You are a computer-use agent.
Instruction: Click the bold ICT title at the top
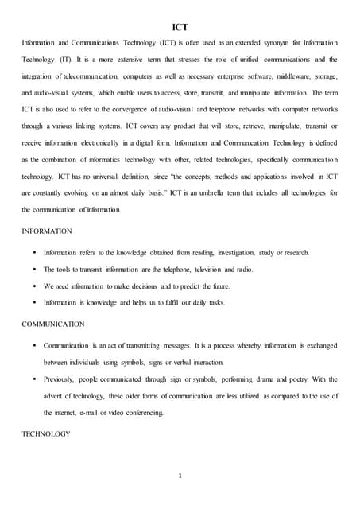click(x=180, y=26)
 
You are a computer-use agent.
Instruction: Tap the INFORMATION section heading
click(x=47, y=231)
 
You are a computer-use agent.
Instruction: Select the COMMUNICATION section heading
click(x=52, y=324)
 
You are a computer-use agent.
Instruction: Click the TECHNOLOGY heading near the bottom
click(x=46, y=433)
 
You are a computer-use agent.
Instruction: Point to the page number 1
click(x=180, y=476)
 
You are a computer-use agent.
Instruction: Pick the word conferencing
click(x=141, y=413)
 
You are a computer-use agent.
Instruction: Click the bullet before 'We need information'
click(x=35, y=286)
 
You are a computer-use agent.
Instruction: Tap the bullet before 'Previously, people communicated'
click(x=35, y=379)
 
